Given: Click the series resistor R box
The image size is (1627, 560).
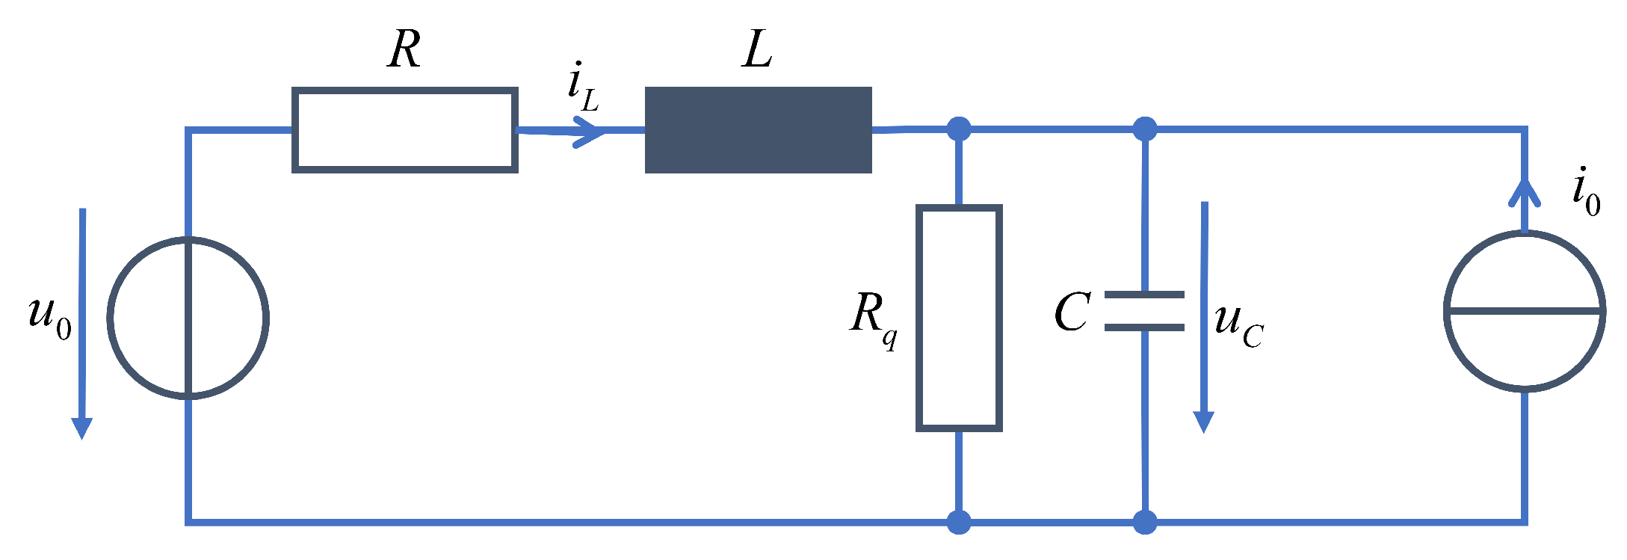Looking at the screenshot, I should pyautogui.click(x=404, y=131).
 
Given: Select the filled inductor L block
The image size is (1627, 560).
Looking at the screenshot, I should pyautogui.click(x=758, y=130).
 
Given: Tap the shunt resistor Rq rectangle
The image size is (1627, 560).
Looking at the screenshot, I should pyautogui.click(x=959, y=319).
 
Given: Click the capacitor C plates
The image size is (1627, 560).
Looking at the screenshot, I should pyautogui.click(x=1144, y=311).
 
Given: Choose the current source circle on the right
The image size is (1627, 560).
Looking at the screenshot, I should pyautogui.click(x=1525, y=311).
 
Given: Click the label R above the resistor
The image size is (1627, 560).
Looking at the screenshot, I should pyautogui.click(x=404, y=51).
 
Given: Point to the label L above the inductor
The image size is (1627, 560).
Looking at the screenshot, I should pyautogui.click(x=757, y=51).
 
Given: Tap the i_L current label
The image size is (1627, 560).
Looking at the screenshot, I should pyautogui.click(x=582, y=88).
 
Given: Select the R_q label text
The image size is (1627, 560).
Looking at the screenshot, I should pyautogui.click(x=873, y=317).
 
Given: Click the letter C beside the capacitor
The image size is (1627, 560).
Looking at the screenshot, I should pyautogui.click(x=1072, y=313).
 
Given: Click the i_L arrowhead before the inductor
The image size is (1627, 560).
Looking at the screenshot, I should pyautogui.click(x=590, y=132).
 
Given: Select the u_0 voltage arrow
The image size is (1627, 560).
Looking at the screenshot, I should pyautogui.click(x=81, y=321).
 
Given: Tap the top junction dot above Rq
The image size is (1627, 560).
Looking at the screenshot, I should pyautogui.click(x=959, y=129).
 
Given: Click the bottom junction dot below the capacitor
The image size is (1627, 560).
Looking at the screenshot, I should pyautogui.click(x=1144, y=522).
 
